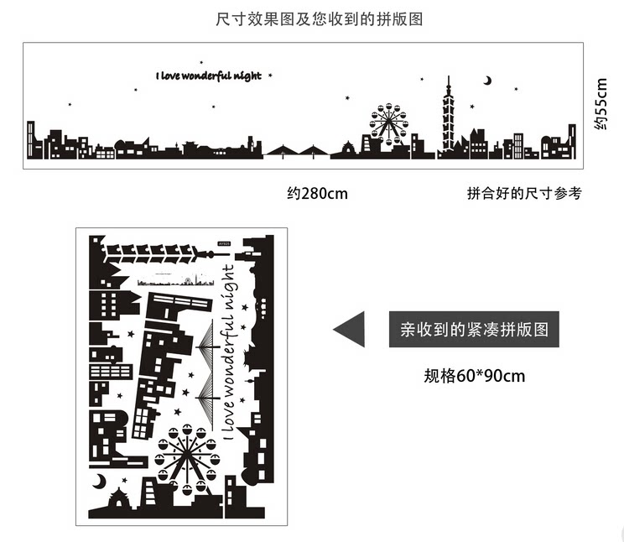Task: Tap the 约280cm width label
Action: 317,194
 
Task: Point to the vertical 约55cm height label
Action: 600,103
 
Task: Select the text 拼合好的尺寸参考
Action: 523,194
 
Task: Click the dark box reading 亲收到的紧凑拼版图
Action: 474,330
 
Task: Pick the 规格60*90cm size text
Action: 474,376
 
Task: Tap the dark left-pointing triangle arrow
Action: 350,329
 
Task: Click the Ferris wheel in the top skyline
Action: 389,122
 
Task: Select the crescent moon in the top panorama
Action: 486,81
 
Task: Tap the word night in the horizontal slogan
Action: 247,76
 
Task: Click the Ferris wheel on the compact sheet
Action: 186,456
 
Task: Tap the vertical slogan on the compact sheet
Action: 229,348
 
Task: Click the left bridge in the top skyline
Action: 282,151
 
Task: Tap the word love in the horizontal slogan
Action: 174,76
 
